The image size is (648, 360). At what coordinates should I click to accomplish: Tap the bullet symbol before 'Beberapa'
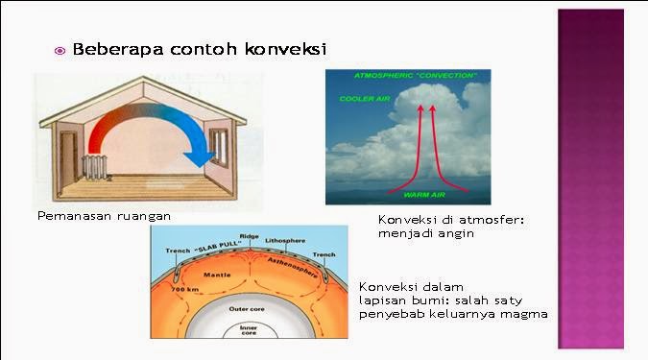60,51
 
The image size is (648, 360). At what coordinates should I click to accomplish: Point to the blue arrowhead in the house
203,155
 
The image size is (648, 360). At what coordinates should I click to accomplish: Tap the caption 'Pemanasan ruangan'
104,216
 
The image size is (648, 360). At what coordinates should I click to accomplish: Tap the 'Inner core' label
248,330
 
